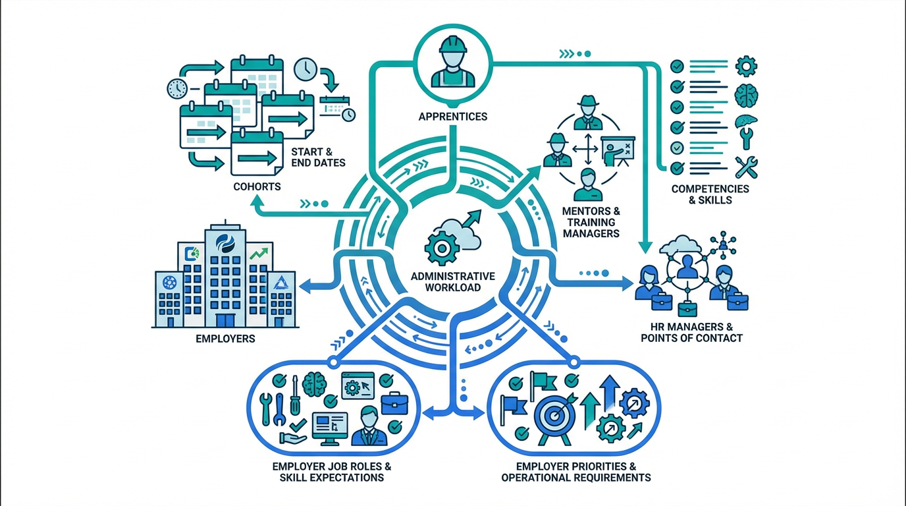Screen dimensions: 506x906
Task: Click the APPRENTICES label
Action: tap(452, 117)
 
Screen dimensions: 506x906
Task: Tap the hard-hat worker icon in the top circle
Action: tap(452, 65)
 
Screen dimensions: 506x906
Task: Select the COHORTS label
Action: tap(257, 186)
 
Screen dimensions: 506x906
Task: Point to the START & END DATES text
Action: tap(318, 157)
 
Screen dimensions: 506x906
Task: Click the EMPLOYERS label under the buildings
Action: tap(225, 339)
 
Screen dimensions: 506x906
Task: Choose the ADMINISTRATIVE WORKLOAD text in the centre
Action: tap(453, 281)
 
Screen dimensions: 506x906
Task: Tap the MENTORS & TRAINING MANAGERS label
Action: tap(591, 223)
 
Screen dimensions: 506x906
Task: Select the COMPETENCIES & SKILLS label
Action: tap(710, 194)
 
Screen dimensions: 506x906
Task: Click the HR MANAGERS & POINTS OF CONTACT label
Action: tap(691, 333)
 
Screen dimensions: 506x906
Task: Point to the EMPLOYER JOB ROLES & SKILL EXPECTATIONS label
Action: tap(331, 472)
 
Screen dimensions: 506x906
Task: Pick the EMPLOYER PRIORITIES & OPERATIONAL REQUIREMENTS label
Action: tap(575, 472)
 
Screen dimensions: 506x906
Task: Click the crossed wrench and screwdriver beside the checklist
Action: tap(746, 166)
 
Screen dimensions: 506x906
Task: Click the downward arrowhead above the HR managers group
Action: tap(645, 248)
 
